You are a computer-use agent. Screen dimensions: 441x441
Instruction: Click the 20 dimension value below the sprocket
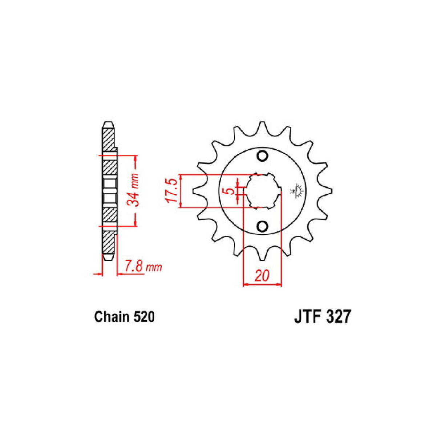262,276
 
